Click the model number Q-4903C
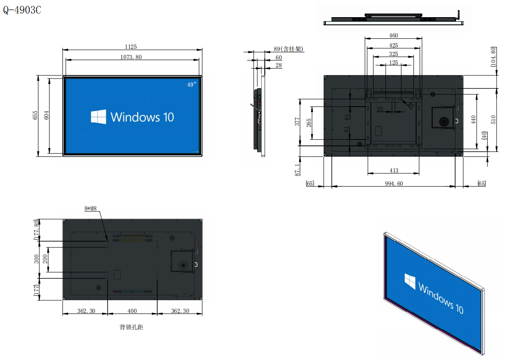click(x=22, y=10)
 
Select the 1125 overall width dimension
click(x=131, y=47)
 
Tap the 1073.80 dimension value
click(x=131, y=57)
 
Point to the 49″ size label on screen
click(x=192, y=84)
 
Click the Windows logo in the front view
click(x=98, y=117)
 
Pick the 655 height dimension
click(x=35, y=115)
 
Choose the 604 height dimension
click(x=47, y=115)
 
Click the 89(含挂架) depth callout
click(x=288, y=49)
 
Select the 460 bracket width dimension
click(x=394, y=35)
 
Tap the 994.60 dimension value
click(x=394, y=183)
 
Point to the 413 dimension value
click(x=394, y=170)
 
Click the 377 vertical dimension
click(x=297, y=122)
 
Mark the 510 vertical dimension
click(x=493, y=120)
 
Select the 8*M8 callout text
click(x=90, y=208)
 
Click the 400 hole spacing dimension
click(x=132, y=311)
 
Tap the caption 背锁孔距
click(x=131, y=327)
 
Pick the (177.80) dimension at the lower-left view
click(x=36, y=230)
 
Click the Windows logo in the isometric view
click(x=410, y=281)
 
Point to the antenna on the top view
click(x=458, y=15)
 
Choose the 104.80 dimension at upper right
click(x=493, y=57)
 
